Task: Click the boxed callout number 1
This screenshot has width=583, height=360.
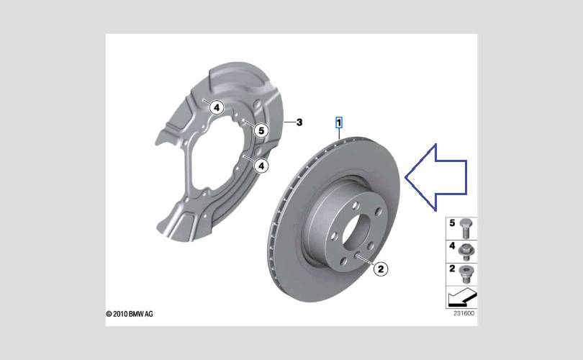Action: tap(339, 122)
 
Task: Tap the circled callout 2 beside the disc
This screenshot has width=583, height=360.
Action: tap(380, 269)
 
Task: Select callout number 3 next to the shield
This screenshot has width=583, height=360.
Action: tap(299, 122)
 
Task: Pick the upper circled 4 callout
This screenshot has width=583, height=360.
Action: tap(217, 108)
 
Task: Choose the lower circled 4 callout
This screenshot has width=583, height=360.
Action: tap(261, 166)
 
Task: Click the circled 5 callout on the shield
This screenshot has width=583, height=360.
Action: tap(261, 130)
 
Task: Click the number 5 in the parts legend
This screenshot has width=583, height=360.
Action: tap(452, 223)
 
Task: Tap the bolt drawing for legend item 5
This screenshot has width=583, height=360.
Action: tap(466, 229)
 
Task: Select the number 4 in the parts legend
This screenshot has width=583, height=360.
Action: tap(452, 246)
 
